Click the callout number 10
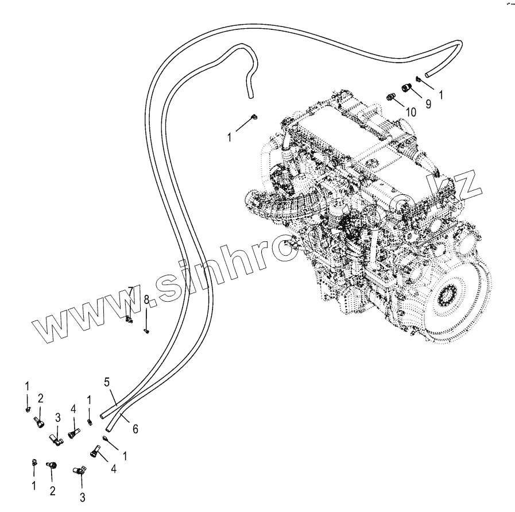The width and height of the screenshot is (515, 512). [x=410, y=111]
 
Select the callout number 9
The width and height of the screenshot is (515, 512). [x=428, y=103]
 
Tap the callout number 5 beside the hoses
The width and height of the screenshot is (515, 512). [x=107, y=382]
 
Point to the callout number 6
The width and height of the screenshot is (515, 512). [x=135, y=429]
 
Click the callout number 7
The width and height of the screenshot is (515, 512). [x=131, y=291]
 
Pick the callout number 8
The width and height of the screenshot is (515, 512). [x=146, y=299]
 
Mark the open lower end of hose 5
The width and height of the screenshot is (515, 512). [x=102, y=414]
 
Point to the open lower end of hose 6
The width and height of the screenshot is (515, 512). [x=109, y=428]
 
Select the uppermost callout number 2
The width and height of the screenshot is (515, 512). [x=40, y=398]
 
